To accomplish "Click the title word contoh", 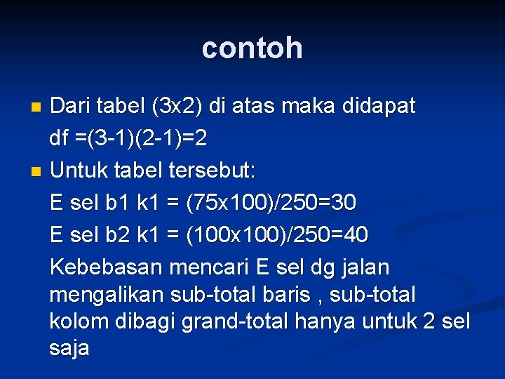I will tap(252, 48).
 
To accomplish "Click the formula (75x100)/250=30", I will tap(271, 203).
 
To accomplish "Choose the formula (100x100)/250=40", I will tap(277, 235).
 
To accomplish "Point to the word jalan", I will tap(363, 267).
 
